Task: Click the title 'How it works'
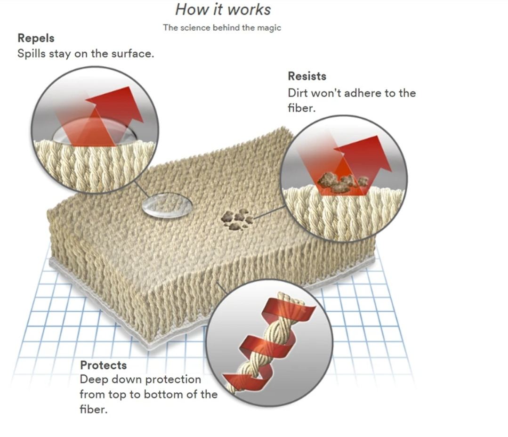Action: coord(223,9)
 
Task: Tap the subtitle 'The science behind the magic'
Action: coord(222,27)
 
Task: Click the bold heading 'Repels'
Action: coord(36,38)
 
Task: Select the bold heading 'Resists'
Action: coord(307,76)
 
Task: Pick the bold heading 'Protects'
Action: coord(104,365)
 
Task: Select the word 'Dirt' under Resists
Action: coord(298,93)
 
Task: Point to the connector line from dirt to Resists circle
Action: coord(269,212)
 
